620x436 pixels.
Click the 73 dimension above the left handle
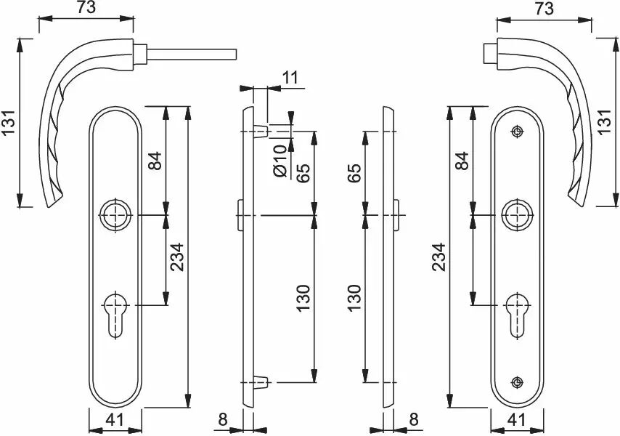pyautogui.click(x=86, y=7)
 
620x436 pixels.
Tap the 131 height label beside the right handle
pyautogui.click(x=606, y=122)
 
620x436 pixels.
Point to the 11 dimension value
pyautogui.click(x=290, y=78)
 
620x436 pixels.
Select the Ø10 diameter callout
pyautogui.click(x=280, y=161)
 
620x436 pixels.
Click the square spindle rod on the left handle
pyautogui.click(x=192, y=54)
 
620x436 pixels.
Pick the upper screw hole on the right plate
pyautogui.click(x=517, y=132)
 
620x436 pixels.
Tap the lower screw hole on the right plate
pyautogui.click(x=517, y=382)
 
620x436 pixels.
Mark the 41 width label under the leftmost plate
pyautogui.click(x=115, y=420)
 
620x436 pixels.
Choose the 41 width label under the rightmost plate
pyautogui.click(x=517, y=420)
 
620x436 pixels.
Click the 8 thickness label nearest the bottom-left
pyautogui.click(x=223, y=420)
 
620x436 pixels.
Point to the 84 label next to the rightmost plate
pyautogui.click(x=462, y=161)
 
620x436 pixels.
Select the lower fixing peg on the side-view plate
pyautogui.click(x=261, y=382)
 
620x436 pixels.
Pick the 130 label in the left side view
pyautogui.click(x=303, y=297)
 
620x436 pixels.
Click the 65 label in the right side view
pyautogui.click(x=355, y=173)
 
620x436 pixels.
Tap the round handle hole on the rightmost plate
pyautogui.click(x=517, y=215)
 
